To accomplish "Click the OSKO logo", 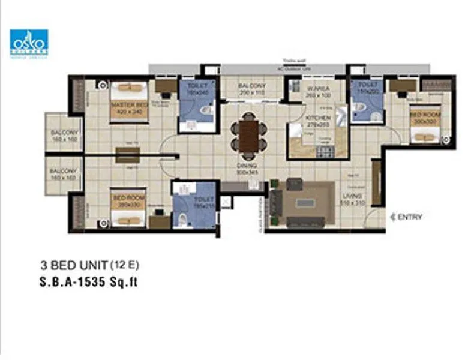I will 29,43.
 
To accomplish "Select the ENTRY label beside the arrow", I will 410,217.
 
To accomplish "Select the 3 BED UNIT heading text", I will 74,265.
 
